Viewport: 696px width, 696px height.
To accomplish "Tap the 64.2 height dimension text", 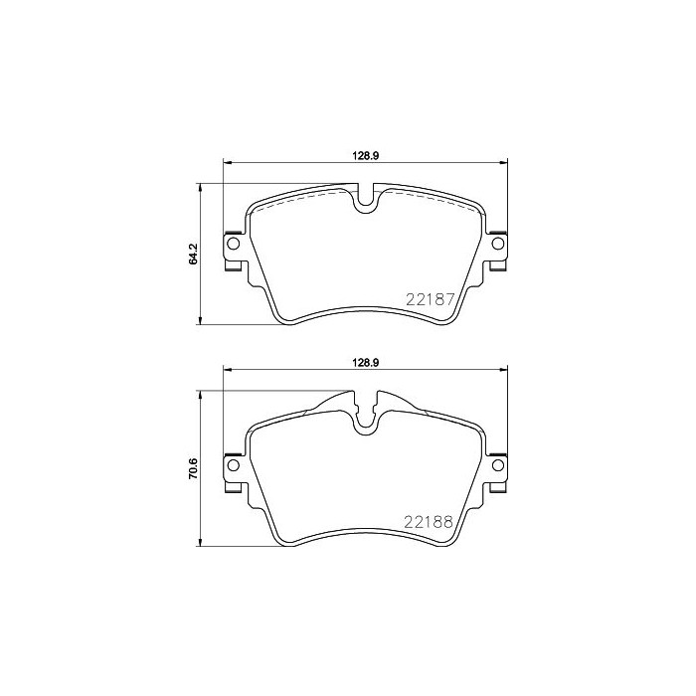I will [x=195, y=254].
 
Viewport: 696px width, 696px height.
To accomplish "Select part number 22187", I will [x=430, y=298].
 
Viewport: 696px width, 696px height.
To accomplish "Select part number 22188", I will [x=430, y=520].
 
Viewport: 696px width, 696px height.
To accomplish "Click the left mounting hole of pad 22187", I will [x=234, y=244].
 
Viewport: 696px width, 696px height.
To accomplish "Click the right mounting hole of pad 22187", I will [x=497, y=244].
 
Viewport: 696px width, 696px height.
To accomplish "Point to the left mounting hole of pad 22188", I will [x=234, y=464].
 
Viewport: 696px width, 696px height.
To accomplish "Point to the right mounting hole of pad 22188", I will [x=497, y=464].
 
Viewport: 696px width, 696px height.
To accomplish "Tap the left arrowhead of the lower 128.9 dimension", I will [x=226, y=370].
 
